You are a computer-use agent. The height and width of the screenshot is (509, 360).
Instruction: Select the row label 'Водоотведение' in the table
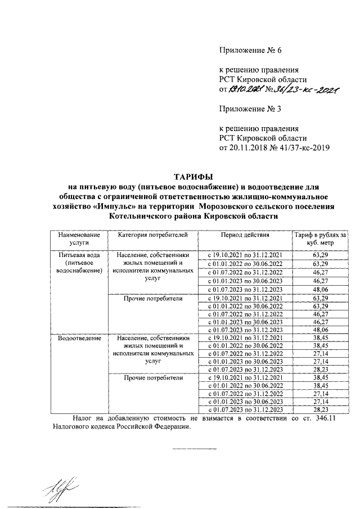pos(78,338)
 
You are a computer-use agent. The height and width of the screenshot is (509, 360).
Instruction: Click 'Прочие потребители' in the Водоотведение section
pos(154,378)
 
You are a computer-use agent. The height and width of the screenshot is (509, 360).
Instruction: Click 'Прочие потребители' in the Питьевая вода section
pos(154,298)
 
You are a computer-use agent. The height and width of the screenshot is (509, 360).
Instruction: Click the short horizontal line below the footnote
pos(188,449)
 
